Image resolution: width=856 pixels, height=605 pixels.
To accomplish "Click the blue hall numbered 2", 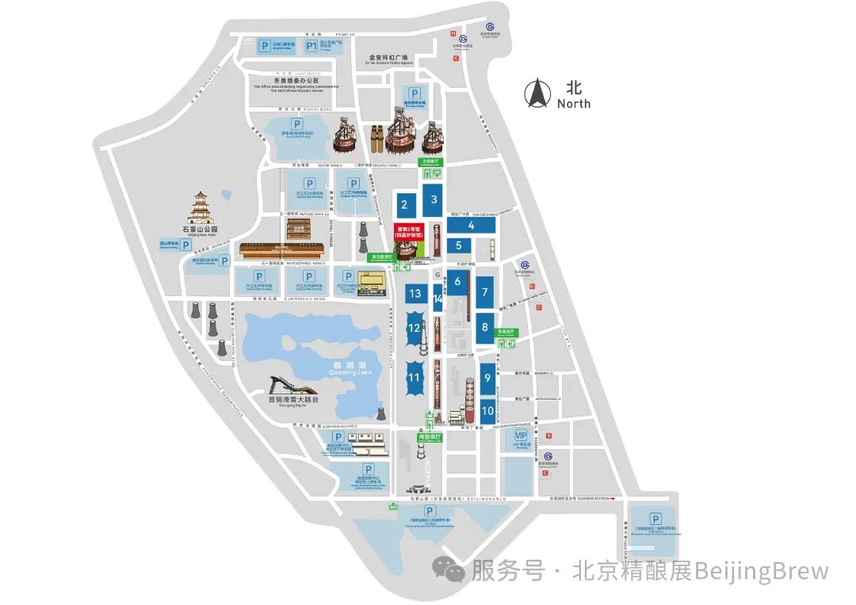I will point(404,205).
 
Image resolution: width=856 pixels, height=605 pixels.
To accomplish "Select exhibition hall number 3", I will point(434,200).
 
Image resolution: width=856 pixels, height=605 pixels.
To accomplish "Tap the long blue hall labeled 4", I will point(471,225).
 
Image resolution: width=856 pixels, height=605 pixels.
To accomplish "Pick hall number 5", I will point(458,246).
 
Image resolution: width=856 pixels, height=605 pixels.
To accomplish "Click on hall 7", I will point(484,292).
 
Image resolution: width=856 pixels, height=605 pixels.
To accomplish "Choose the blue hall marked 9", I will point(487,379).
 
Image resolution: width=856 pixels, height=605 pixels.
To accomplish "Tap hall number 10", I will point(487,410).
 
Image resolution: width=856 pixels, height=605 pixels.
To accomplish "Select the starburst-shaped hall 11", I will point(414,378).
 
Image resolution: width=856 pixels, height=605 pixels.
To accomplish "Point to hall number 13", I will point(415,294).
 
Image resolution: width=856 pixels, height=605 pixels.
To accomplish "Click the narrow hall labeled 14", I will point(438,299).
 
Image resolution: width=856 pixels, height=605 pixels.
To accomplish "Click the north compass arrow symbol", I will point(539,93).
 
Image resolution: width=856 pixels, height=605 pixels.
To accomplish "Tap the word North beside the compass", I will point(574,104).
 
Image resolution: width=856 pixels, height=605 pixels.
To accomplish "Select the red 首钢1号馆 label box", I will point(409,234).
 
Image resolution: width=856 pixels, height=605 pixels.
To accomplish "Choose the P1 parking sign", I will point(312,47).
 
